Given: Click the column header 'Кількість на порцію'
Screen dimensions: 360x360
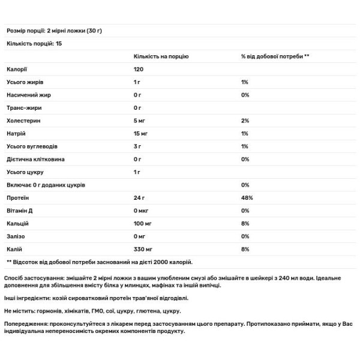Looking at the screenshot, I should pyautogui.click(x=161, y=56).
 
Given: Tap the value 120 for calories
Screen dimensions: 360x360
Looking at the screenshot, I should pyautogui.click(x=139, y=70).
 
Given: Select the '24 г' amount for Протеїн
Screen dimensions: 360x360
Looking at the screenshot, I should pyautogui.click(x=140, y=198).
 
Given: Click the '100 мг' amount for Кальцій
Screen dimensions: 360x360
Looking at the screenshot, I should pyautogui.click(x=145, y=223).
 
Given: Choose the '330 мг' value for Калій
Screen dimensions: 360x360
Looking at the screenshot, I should pyautogui.click(x=145, y=249).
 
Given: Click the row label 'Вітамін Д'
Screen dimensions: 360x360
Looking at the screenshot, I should pyautogui.click(x=21, y=211).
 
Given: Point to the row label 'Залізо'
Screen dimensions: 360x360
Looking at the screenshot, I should pyautogui.click(x=16, y=236).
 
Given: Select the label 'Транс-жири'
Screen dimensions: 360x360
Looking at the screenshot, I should pyautogui.click(x=23, y=109).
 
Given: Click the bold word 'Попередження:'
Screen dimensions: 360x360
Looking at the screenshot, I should pyautogui.click(x=27, y=323).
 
